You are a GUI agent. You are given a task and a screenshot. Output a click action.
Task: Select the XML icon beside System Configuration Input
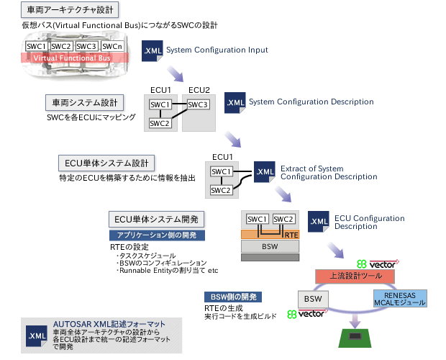click(x=152, y=52)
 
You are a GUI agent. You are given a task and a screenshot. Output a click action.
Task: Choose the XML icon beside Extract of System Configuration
click(x=264, y=171)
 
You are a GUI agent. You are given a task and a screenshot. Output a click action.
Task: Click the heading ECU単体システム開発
click(x=157, y=218)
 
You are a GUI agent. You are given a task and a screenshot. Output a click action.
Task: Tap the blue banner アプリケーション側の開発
click(x=157, y=235)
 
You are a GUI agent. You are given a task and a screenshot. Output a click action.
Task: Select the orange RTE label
click(x=291, y=234)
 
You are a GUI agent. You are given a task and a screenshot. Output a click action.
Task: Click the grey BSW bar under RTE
click(x=270, y=246)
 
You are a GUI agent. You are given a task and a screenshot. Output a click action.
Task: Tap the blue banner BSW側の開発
click(x=233, y=297)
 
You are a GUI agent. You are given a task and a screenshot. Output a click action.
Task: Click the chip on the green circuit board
click(x=354, y=336)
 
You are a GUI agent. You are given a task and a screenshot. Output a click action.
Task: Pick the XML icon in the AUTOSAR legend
click(x=36, y=336)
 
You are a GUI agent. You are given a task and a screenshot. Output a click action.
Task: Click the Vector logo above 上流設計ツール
click(x=378, y=263)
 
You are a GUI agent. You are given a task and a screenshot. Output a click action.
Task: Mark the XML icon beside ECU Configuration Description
click(x=318, y=221)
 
